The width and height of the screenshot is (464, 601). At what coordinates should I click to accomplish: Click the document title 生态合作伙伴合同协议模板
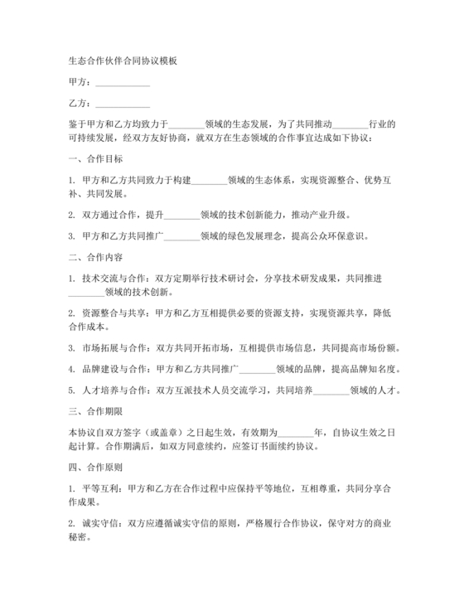click(121, 61)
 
